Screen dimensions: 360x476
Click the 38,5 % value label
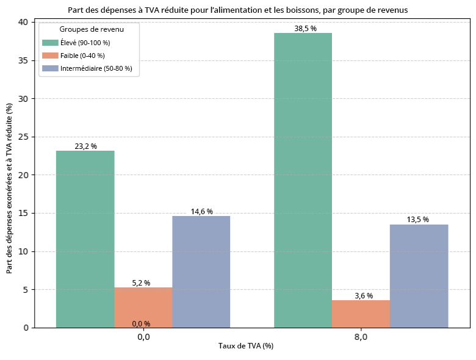tap(303, 29)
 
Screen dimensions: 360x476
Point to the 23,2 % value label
tap(85, 146)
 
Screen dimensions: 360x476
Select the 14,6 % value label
tap(201, 212)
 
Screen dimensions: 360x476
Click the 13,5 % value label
tap(419, 220)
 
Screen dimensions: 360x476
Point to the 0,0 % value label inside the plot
tap(140, 323)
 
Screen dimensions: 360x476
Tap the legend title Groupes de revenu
tap(89, 29)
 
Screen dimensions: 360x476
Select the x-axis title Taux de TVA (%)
tap(246, 346)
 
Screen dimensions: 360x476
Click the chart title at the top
tap(237, 10)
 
